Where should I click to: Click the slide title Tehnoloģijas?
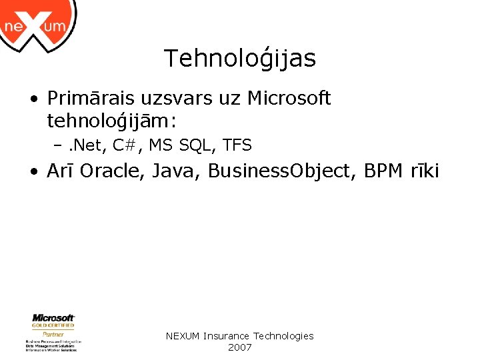[x=240, y=59]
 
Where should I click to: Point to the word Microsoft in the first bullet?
[x=289, y=99]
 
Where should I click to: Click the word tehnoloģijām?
[x=111, y=121]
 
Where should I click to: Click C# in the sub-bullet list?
[x=126, y=145]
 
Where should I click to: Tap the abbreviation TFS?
[x=237, y=145]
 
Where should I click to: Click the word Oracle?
[x=113, y=171]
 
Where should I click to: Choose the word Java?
[x=177, y=171]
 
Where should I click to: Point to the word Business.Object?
[x=283, y=171]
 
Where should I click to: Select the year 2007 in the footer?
[x=239, y=347]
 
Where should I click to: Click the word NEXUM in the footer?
[x=183, y=336]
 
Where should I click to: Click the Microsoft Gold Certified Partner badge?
[x=53, y=332]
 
